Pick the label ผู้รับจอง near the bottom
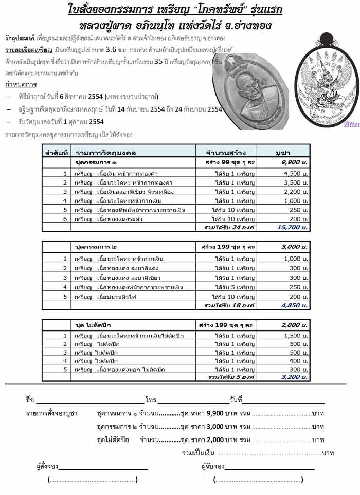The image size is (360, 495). (x=212, y=466)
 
